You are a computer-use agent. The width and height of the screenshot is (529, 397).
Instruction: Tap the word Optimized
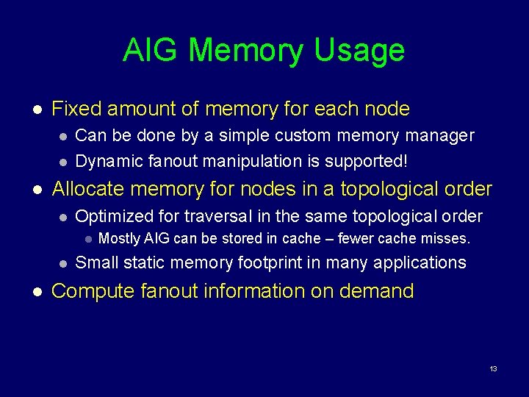[x=112, y=216]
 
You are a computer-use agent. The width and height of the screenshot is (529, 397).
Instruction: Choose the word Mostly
[x=119, y=239]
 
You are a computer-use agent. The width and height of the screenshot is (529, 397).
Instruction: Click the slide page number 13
[x=493, y=368]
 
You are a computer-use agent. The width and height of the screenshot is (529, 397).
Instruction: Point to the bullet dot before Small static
[x=63, y=263]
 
